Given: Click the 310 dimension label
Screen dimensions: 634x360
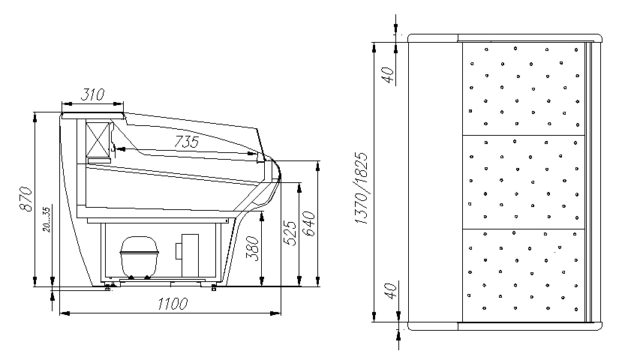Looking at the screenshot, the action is [92, 94].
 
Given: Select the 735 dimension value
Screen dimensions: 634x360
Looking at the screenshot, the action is [187, 142].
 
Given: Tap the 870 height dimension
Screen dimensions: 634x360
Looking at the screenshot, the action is [26, 199].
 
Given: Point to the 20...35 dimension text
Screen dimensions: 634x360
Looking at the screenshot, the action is [47, 220].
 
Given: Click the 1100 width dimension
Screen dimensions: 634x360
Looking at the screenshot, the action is [173, 304].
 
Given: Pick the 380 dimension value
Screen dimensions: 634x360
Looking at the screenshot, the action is [252, 248].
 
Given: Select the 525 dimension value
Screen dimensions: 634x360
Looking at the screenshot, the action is [290, 232].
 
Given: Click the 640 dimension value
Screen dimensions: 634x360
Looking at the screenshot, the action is [308, 223].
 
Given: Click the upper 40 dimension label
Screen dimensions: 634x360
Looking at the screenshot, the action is [388, 75].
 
